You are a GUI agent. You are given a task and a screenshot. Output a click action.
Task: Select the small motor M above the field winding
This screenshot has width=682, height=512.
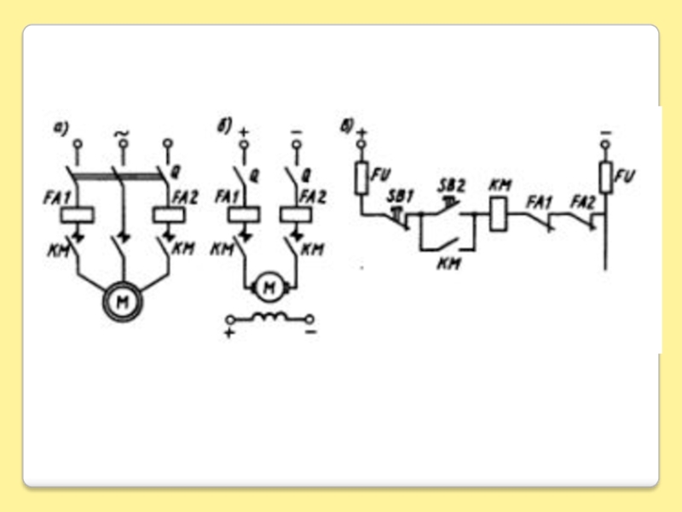pos(269,288)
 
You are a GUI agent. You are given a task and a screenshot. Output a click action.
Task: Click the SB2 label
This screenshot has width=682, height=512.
pos(449,185)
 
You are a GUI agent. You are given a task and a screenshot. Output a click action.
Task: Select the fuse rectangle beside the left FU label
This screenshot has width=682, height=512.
pos(361,177)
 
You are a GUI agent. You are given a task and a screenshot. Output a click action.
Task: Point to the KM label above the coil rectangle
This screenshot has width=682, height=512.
pos(497,185)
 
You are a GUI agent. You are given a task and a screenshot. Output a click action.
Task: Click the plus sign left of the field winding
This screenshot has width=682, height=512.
pos(228,329)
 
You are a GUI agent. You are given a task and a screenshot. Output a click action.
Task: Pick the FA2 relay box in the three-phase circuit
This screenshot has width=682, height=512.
pos(165,214)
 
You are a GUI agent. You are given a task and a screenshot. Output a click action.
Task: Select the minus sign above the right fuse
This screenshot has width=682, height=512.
pos(606,132)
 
